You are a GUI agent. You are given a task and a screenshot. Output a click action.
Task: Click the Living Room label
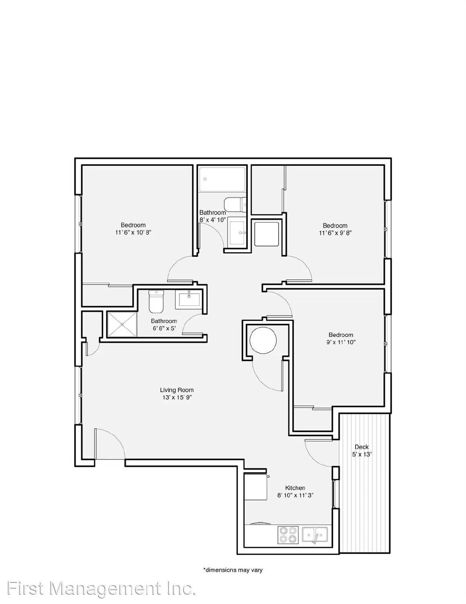pos(177,390)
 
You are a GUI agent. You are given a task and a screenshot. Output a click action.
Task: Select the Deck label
pos(362,447)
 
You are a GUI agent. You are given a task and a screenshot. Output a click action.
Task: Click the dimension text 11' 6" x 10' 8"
pos(133,233)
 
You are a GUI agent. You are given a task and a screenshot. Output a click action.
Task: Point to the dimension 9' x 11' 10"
pos(341,342)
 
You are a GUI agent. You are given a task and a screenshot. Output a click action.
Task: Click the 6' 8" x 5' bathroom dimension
pos(164,328)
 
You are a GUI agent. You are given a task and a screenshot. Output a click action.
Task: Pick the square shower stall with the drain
pos(122,325)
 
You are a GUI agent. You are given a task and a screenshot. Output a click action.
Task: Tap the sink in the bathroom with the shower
pos(189,300)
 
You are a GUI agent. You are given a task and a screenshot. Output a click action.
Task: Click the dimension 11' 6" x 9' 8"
pos(335,233)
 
